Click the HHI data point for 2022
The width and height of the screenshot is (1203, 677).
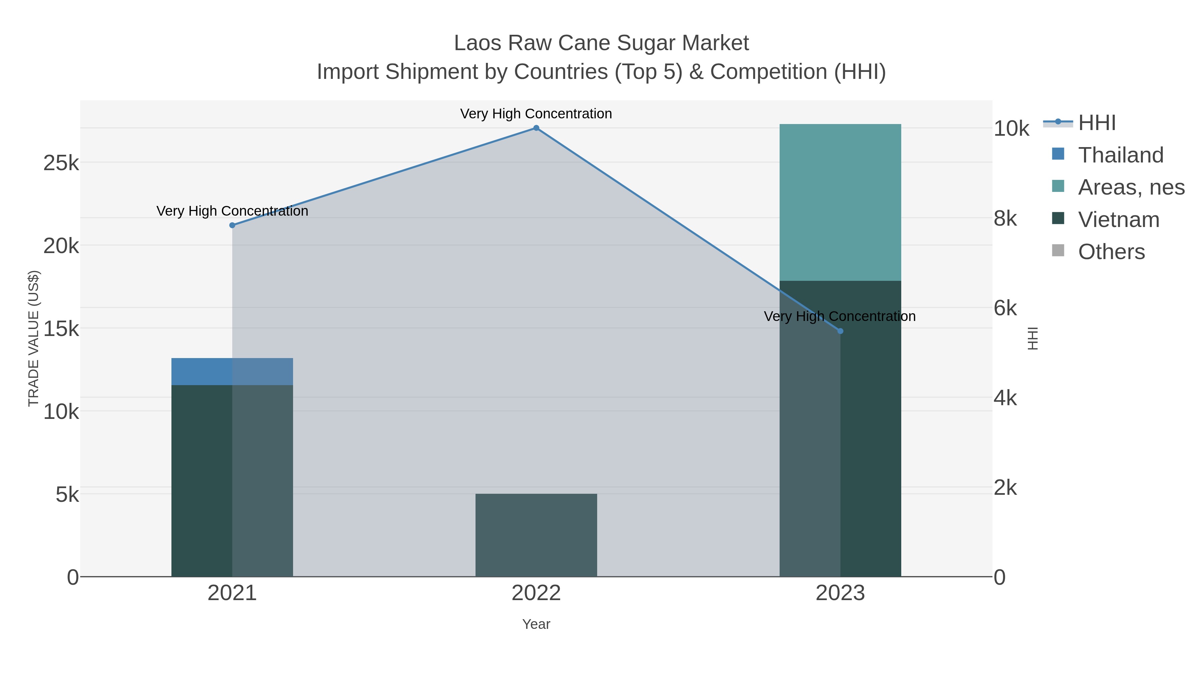[536, 128]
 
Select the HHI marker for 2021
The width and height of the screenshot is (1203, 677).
[232, 225]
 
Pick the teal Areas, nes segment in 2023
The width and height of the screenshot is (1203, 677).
[840, 202]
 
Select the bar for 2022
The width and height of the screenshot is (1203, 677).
[536, 535]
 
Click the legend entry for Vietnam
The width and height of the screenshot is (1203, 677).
[1118, 220]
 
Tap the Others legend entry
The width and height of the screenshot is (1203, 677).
[1111, 252]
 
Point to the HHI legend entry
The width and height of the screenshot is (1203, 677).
[1096, 123]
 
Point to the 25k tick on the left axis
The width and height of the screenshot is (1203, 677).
[61, 163]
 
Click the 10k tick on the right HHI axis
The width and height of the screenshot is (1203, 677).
[1011, 129]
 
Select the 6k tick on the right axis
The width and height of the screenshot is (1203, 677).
[1005, 308]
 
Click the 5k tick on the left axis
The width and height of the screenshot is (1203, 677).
[67, 495]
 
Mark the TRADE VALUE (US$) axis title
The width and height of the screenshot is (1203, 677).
[34, 338]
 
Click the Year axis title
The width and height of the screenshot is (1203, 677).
[536, 624]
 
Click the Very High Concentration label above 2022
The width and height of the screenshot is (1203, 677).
[536, 114]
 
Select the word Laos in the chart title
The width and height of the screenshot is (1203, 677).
[478, 43]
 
